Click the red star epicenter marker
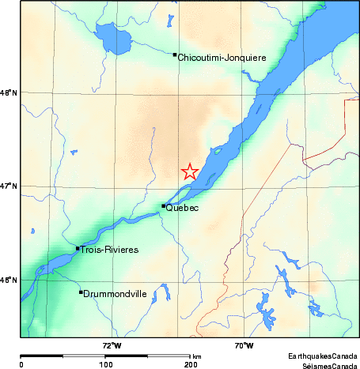click(x=190, y=171)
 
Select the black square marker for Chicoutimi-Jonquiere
click(x=174, y=55)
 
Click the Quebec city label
click(x=183, y=209)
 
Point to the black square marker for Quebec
click(x=164, y=206)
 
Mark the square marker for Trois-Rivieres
click(x=77, y=248)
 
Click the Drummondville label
click(x=116, y=294)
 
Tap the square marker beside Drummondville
click(x=81, y=292)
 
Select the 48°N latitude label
click(x=9, y=93)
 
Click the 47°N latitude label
click(x=9, y=186)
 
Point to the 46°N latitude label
click(x=9, y=280)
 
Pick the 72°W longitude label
click(x=112, y=345)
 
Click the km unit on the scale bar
click(x=196, y=356)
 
